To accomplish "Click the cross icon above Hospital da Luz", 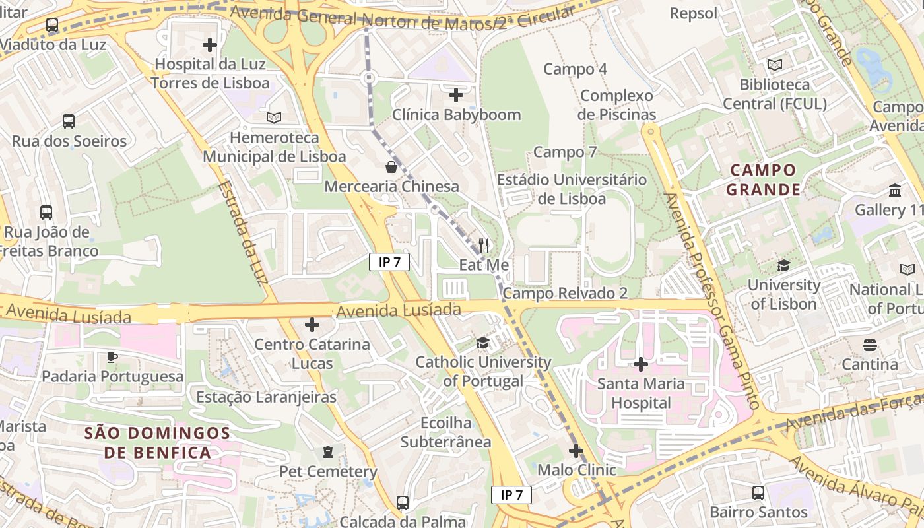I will [x=210, y=45].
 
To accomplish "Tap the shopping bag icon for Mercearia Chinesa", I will [x=391, y=167].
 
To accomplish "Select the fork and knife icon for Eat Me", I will [x=484, y=246].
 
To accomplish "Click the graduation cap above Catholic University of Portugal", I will [x=482, y=343].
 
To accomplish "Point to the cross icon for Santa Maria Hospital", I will [x=640, y=364].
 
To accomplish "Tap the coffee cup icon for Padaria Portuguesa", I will [x=112, y=357].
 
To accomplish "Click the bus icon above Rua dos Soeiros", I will [x=69, y=121].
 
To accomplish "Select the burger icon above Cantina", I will [x=869, y=345].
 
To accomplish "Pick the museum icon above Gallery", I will [x=895, y=191].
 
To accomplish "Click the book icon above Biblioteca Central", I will [x=775, y=65].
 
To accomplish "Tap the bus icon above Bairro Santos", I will [x=758, y=493].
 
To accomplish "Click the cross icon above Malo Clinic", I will [x=576, y=451].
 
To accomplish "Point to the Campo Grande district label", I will [x=764, y=180].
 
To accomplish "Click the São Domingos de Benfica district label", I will [x=157, y=443].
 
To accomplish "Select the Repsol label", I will [x=693, y=13].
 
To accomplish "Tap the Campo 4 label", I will [x=575, y=69].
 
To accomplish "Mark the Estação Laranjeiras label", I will [x=267, y=397].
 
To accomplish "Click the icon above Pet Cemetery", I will [x=328, y=452].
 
